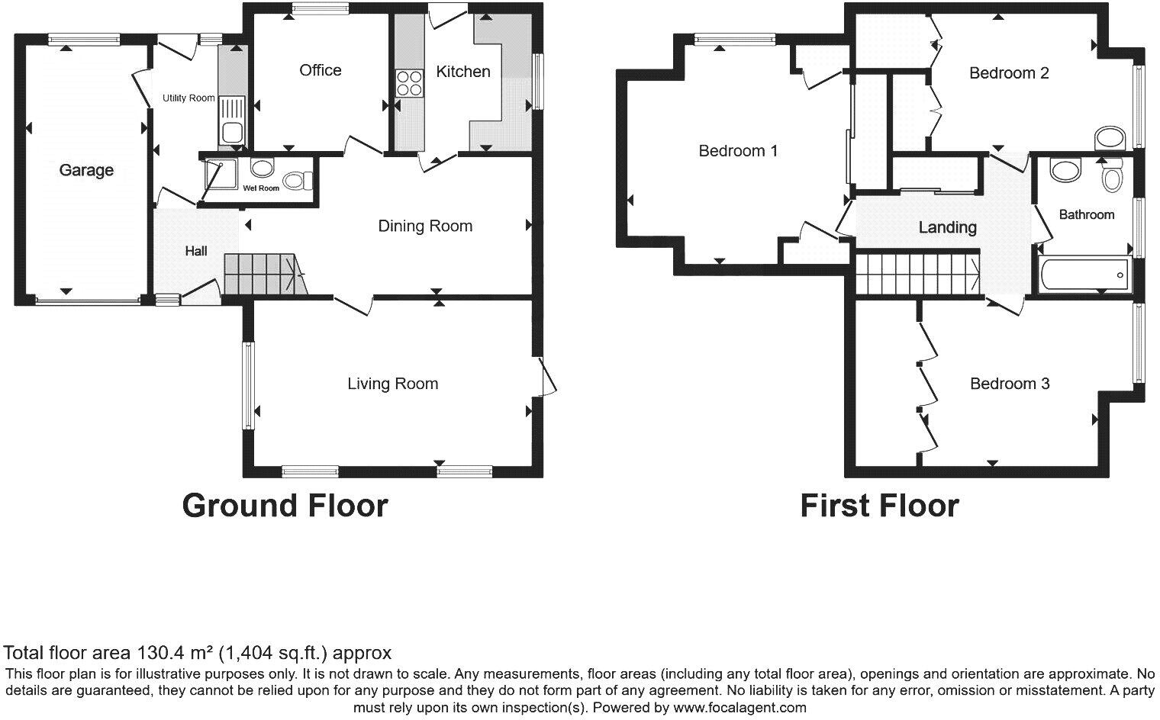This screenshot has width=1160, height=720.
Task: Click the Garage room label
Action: (86, 170)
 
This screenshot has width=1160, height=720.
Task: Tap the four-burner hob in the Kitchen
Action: (409, 83)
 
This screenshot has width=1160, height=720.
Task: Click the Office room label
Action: (320, 70)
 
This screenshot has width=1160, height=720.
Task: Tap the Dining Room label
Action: (425, 226)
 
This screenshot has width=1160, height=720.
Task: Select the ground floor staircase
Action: (263, 275)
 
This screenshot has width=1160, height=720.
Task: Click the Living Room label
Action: (392, 384)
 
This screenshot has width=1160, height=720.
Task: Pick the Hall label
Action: (196, 250)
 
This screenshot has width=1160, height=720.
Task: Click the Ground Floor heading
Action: (285, 506)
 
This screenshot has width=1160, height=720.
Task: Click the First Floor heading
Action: (879, 506)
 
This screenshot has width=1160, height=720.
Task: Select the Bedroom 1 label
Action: (738, 151)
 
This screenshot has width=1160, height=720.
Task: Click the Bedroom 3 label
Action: (1010, 384)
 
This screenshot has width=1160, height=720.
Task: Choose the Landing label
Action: (947, 227)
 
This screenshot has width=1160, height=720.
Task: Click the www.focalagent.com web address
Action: (739, 707)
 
